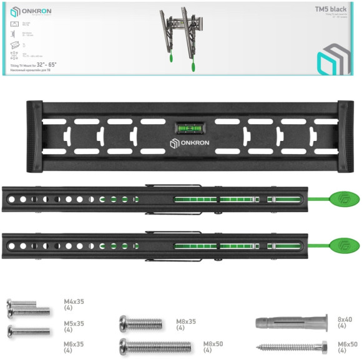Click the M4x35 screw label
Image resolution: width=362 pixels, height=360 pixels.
[74, 304]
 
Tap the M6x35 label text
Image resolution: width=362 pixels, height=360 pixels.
[74, 347]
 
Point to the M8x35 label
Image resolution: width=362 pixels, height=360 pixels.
[186, 324]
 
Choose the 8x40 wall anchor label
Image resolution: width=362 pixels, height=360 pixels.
[345, 322]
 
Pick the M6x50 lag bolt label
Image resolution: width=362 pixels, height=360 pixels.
[347, 347]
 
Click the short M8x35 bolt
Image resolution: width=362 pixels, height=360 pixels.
[141, 323]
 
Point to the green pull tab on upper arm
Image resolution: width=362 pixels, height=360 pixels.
[344, 200]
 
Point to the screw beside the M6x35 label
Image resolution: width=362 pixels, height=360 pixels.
[30, 331]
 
